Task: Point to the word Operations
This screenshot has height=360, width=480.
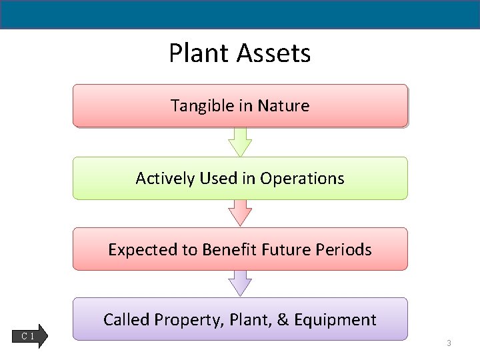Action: pyautogui.click(x=302, y=179)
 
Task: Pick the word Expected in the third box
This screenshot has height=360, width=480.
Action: pyautogui.click(x=137, y=250)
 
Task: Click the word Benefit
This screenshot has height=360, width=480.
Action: pyautogui.click(x=230, y=250)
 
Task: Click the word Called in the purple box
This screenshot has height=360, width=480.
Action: pyautogui.click(x=126, y=320)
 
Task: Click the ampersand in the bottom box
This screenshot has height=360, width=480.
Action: pyautogui.click(x=282, y=320)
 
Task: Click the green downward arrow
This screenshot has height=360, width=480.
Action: pyautogui.click(x=240, y=141)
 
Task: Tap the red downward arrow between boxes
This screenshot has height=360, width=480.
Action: pyautogui.click(x=240, y=213)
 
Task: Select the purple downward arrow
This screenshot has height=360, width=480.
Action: pyautogui.click(x=240, y=283)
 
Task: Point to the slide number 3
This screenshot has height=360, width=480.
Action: pyautogui.click(x=449, y=343)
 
